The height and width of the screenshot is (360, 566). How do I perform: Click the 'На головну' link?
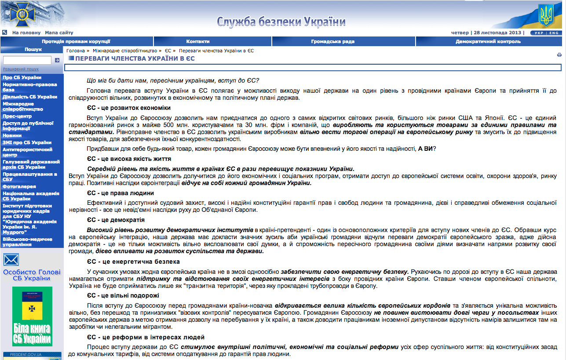26,33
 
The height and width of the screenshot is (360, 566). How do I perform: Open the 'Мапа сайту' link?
59,33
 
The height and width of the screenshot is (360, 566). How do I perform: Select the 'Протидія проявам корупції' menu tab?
76,41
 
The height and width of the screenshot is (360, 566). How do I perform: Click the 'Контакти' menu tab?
198,41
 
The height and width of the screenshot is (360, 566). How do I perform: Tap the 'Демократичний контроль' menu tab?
488,41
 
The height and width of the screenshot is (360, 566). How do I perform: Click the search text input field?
27,60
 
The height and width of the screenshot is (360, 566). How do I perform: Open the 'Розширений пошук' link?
21,69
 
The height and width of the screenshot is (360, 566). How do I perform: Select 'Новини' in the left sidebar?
12,135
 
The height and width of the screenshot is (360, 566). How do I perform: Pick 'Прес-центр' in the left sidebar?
17,116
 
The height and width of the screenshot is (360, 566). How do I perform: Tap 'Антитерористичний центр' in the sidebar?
27,152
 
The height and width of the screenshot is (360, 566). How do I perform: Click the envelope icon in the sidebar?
11,260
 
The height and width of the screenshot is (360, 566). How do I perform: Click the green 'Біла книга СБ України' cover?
32,316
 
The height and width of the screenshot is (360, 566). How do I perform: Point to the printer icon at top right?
559,55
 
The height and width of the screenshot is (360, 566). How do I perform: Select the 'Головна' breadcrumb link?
76,51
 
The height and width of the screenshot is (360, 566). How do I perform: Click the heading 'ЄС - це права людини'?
120,193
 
